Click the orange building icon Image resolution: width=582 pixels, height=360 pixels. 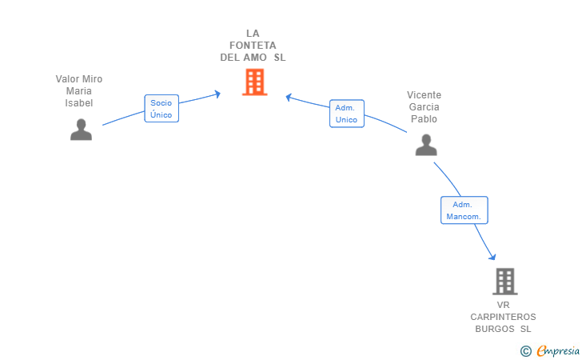click(x=254, y=82)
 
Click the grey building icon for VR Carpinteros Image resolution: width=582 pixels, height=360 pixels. click(x=505, y=282)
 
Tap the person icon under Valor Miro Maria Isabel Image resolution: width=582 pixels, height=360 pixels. click(x=81, y=130)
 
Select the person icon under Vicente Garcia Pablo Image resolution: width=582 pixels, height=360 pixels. click(x=426, y=145)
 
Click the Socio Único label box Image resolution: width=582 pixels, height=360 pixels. click(x=161, y=109)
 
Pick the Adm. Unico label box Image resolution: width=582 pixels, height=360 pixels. click(x=347, y=114)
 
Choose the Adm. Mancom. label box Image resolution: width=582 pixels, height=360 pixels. click(x=464, y=210)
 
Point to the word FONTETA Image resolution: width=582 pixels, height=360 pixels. click(x=253, y=46)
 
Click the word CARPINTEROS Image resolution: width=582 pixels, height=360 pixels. click(x=503, y=317)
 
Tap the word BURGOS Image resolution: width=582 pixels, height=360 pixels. click(x=495, y=329)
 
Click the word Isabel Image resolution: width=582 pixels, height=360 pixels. click(x=78, y=103)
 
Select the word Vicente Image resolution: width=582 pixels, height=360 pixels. click(x=424, y=95)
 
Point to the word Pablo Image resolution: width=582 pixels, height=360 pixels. click(x=424, y=119)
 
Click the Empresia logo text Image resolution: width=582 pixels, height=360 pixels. click(x=558, y=350)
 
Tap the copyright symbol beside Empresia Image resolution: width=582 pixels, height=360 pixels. click(x=526, y=351)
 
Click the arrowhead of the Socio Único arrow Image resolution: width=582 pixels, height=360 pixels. click(x=218, y=94)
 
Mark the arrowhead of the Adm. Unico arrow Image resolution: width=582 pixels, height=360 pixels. click(x=288, y=97)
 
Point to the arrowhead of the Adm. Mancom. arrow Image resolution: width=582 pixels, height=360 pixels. click(x=493, y=257)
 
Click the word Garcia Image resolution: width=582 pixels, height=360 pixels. click(x=424, y=107)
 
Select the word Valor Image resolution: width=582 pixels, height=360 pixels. click(x=68, y=79)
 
